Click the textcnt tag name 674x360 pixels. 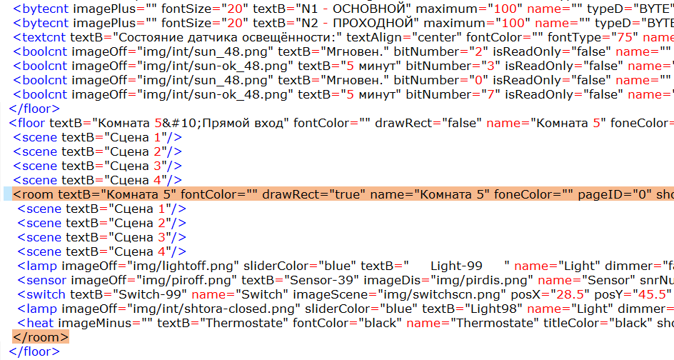(x=44, y=37)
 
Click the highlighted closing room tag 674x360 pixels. (x=41, y=336)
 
